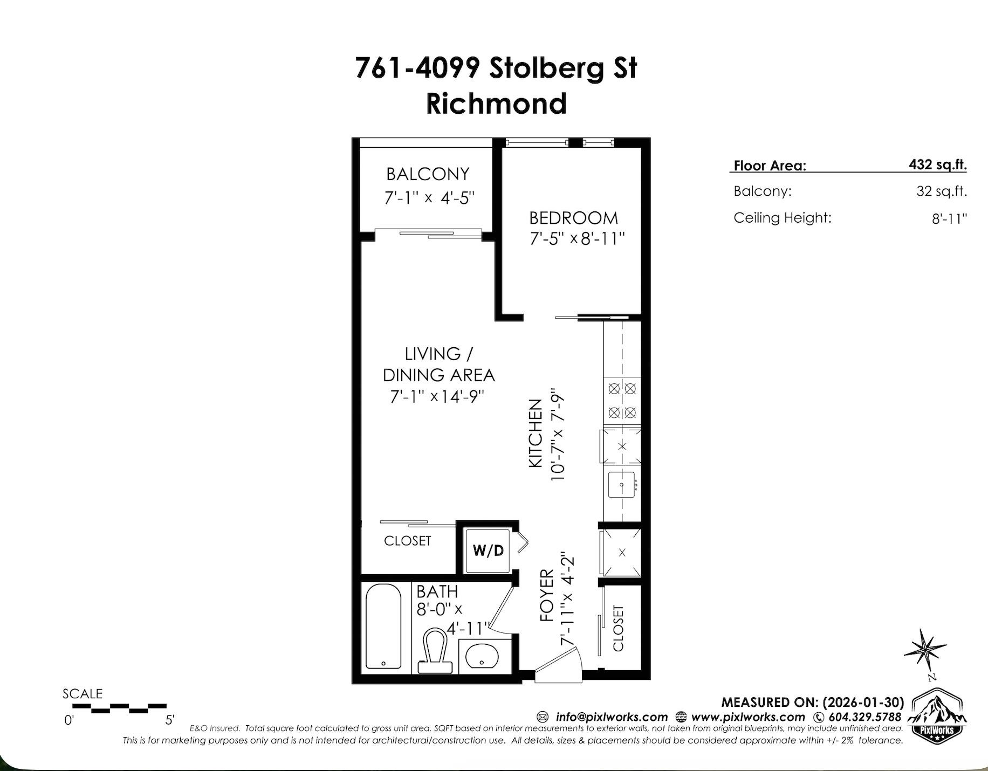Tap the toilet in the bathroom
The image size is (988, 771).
point(435,650)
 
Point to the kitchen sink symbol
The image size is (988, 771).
point(621,484)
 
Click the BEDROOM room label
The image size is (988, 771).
point(573,218)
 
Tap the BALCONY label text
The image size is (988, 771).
point(428,174)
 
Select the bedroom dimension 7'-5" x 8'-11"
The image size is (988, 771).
point(577,238)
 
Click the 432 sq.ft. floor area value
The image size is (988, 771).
point(937,164)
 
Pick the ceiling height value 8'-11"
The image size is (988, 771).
point(949,218)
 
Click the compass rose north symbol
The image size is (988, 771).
point(924,650)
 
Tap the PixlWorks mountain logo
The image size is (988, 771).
point(937,713)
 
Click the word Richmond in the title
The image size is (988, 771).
point(496,104)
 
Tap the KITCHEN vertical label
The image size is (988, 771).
point(535,433)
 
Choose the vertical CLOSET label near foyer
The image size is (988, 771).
point(618,628)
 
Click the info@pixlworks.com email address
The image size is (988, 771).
point(612,717)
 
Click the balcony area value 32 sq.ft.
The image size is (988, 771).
point(941,191)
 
